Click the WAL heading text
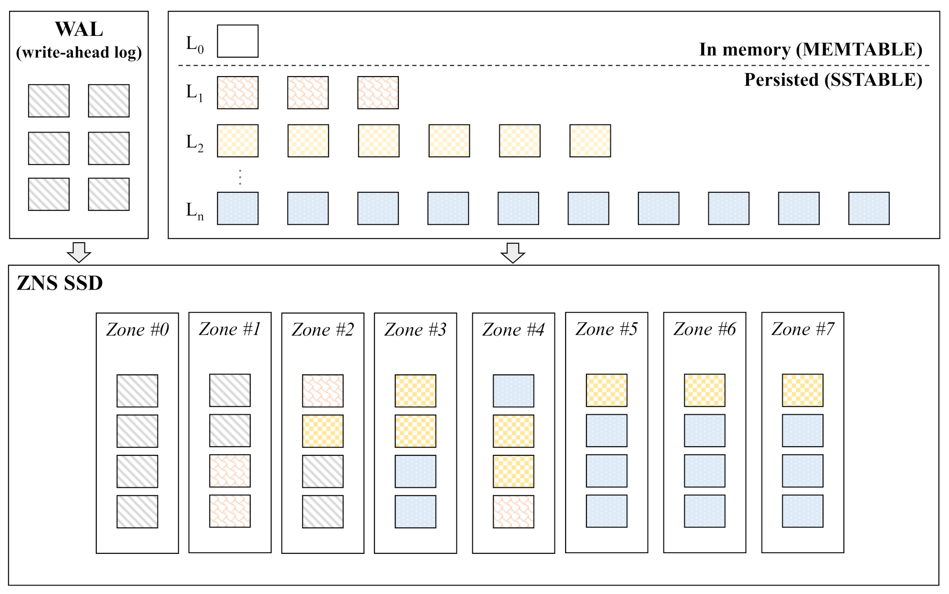(79, 29)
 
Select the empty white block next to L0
(238, 41)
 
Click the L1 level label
(194, 93)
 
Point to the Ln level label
(194, 211)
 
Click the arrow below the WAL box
(79, 252)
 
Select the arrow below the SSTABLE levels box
(513, 252)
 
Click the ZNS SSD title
(60, 283)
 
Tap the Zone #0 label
(137, 329)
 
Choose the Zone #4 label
(513, 329)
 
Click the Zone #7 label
(802, 329)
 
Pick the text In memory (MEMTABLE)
(811, 49)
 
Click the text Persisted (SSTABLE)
(833, 80)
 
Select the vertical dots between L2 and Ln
(240, 177)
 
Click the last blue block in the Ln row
(869, 208)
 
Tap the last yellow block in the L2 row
(590, 141)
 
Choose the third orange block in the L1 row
(378, 93)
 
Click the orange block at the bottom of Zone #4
(513, 512)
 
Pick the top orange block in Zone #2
(323, 391)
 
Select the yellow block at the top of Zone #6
(704, 390)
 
